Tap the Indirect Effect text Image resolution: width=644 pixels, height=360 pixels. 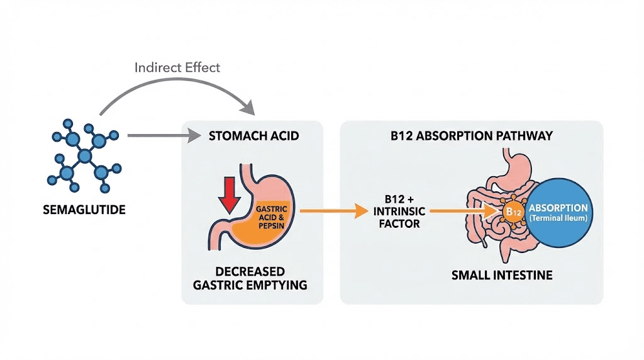tap(177, 67)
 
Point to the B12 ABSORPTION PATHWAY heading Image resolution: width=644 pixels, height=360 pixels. tap(471, 135)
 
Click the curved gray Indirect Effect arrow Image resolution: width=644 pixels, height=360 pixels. tap(176, 88)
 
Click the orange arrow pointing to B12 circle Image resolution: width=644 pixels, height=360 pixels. tap(459, 212)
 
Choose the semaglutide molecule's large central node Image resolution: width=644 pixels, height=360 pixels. tap(83, 156)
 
